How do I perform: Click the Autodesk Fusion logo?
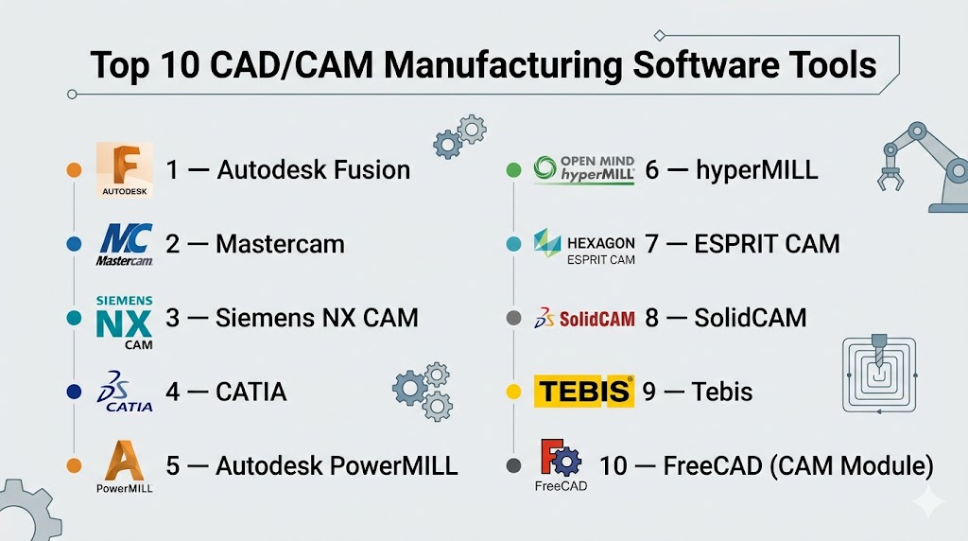click(124, 170)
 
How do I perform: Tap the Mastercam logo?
click(124, 245)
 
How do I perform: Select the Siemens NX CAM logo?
click(124, 323)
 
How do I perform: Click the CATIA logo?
click(124, 392)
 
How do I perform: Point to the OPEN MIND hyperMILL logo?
click(584, 170)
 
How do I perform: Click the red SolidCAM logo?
click(584, 318)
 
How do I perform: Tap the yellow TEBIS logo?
click(584, 392)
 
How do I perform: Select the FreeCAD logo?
click(561, 465)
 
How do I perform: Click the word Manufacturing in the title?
click(503, 65)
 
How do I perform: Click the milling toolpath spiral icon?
click(879, 374)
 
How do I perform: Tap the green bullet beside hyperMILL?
click(513, 170)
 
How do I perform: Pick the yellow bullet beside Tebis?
click(513, 392)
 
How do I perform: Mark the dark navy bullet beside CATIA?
click(74, 392)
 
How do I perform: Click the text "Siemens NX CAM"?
click(317, 318)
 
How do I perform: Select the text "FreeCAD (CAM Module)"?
click(798, 466)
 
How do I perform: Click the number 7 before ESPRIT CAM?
click(651, 244)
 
